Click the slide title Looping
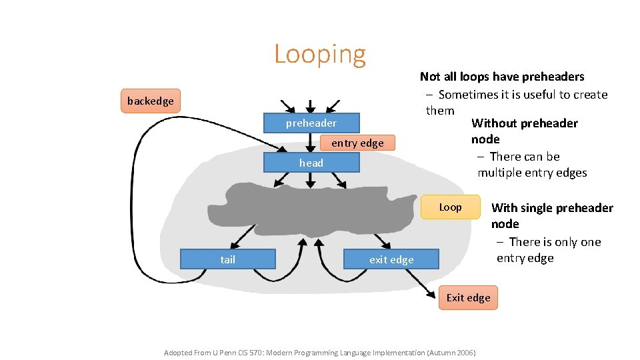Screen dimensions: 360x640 320,54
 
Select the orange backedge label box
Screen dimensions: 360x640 151,101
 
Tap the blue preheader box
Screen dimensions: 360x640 311,123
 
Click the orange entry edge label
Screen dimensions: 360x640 357,143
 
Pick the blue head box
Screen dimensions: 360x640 311,163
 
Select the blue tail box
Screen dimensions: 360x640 228,259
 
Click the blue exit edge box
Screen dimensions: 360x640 391,259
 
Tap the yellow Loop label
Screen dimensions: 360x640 450,207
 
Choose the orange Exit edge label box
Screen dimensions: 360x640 468,298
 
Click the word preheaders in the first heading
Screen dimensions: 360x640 553,77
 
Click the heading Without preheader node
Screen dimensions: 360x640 524,131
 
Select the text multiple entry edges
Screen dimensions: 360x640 532,173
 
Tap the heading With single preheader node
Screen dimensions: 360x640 551,215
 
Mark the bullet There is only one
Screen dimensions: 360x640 554,242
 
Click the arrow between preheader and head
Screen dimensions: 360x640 311,143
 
